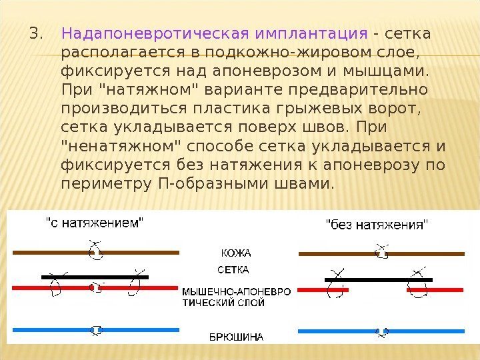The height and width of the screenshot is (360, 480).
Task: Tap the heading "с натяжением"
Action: [x=94, y=223]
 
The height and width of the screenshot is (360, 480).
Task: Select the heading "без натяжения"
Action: [x=377, y=224]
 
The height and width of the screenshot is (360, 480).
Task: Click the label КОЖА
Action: [x=235, y=253]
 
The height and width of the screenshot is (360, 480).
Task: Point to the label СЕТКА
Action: [x=233, y=270]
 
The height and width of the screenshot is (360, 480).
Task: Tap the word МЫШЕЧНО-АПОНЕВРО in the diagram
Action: [x=237, y=292]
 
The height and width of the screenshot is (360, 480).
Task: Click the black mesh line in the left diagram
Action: [x=94, y=276]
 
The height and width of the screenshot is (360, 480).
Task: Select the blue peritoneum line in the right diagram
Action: [x=381, y=331]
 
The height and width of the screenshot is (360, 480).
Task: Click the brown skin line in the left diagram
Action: [x=53, y=253]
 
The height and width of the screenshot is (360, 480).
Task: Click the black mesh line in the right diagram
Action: [x=378, y=279]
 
